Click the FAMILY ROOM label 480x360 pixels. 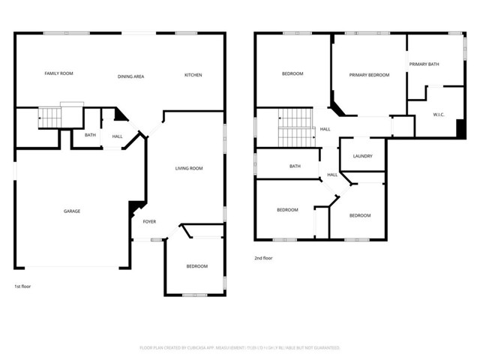coord(58,73)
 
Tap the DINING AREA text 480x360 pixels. coord(130,76)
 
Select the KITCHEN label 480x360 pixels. coord(193,75)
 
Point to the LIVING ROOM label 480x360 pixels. coord(189,169)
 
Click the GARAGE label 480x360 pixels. coord(71,211)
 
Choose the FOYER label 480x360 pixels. coord(149,222)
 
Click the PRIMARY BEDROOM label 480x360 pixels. coord(369,75)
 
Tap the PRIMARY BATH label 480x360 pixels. coord(424,64)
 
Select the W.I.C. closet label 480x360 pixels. coord(439,115)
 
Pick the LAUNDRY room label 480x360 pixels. coord(362,156)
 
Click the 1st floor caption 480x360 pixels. coord(22,286)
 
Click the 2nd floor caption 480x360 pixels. coord(263,258)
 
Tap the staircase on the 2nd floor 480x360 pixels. coord(295,127)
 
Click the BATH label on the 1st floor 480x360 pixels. coord(90,135)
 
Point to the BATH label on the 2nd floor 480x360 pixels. coord(295,166)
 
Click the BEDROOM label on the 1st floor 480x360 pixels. coord(196,266)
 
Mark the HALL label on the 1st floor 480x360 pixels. coord(117,136)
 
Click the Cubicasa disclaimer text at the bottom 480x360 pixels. coord(240,348)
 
